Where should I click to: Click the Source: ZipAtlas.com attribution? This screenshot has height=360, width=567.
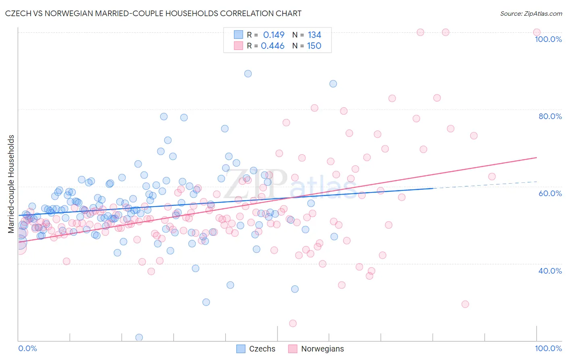[x=531, y=13]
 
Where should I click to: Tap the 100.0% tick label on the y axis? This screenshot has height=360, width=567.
[x=548, y=39]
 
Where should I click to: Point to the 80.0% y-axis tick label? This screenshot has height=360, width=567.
[x=550, y=116]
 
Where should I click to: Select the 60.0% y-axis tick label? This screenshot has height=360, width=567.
[x=550, y=193]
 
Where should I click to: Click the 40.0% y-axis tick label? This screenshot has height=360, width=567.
[x=550, y=271]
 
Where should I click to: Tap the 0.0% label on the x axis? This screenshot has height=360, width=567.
[x=27, y=348]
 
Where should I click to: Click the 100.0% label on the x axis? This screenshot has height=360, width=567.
[x=548, y=348]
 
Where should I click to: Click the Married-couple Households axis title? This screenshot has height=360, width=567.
[x=11, y=184]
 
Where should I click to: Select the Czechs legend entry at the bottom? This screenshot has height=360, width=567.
[x=256, y=349]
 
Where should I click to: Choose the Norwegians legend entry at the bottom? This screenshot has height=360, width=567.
[x=316, y=349]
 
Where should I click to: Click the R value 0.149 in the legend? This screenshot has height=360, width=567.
[x=273, y=35]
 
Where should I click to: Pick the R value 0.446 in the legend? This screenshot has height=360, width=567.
[x=273, y=46]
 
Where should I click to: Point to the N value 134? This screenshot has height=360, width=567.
[x=314, y=35]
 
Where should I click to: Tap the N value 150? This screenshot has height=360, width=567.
[x=314, y=46]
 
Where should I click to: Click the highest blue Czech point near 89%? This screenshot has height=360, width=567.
[x=248, y=73]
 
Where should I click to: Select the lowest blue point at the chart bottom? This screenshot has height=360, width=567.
[x=139, y=337]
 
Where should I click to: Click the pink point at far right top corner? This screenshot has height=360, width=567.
[x=537, y=32]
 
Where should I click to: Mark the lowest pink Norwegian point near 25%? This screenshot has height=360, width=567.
[x=293, y=323]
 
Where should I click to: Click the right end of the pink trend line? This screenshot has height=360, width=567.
[x=536, y=157]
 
